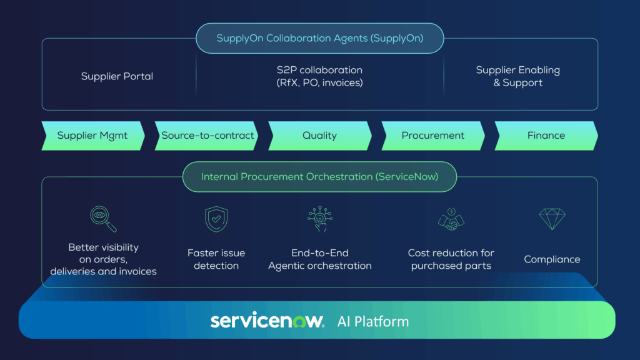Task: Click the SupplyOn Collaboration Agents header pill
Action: click(319, 38)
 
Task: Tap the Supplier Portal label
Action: click(117, 76)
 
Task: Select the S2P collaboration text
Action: click(319, 76)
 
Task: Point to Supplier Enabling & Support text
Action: click(517, 76)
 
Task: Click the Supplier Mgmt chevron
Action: click(92, 136)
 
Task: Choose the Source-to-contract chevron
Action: click(207, 136)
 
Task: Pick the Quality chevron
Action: click(319, 136)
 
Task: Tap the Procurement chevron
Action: click(432, 136)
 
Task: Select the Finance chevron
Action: click(546, 136)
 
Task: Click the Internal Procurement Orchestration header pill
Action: click(319, 177)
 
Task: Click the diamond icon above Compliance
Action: click(551, 219)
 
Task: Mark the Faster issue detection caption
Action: click(216, 259)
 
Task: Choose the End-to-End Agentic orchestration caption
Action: click(319, 259)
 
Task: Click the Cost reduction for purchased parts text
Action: click(451, 259)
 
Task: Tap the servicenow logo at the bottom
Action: click(267, 321)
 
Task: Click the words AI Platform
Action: click(372, 322)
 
